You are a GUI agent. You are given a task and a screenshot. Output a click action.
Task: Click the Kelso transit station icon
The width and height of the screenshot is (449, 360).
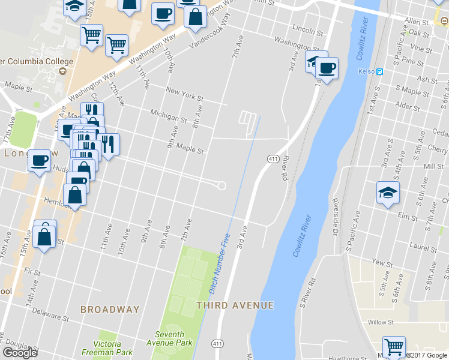coord(379,71)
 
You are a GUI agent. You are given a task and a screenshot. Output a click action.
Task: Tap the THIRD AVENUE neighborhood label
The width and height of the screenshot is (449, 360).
coord(235,305)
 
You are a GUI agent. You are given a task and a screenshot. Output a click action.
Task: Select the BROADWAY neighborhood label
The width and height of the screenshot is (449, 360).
coord(110,310)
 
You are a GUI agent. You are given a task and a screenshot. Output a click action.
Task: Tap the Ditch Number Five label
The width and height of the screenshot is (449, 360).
coord(220,263)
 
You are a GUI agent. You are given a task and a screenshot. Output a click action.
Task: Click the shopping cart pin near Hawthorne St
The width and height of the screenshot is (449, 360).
coord(394,346)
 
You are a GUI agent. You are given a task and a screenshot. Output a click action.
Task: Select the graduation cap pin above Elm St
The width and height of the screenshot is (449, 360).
coord(388,193)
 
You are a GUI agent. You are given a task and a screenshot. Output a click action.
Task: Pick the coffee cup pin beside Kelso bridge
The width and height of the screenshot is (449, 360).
coord(327,68)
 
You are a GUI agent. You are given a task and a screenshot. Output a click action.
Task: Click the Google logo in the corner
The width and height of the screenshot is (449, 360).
coord(20,353)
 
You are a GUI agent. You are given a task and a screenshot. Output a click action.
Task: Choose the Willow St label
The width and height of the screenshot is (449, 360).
coord(381,322)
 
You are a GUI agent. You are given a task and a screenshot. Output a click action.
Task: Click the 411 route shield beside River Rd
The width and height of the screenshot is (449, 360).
coord(273,158)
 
